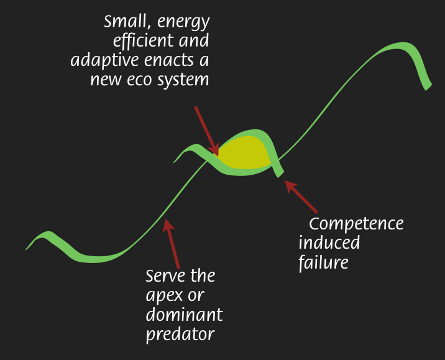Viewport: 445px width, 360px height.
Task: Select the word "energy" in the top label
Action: tap(183, 23)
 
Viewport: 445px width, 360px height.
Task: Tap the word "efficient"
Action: tap(144, 40)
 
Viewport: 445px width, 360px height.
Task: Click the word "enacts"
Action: tap(169, 60)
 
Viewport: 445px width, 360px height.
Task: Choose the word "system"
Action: tap(183, 80)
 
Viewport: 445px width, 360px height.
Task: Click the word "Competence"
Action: tap(356, 224)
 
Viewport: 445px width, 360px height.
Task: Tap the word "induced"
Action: tap(329, 242)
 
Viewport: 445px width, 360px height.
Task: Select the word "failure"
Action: tap(323, 262)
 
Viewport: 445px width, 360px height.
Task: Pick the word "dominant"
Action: tap(184, 314)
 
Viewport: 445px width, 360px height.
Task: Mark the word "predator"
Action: tap(180, 334)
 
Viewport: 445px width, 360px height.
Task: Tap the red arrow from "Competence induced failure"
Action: tap(301, 196)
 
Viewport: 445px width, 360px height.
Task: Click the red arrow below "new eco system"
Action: tap(207, 131)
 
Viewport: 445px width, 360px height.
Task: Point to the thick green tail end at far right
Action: tap(428, 86)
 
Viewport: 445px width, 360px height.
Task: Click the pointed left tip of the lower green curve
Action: tap(26, 249)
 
